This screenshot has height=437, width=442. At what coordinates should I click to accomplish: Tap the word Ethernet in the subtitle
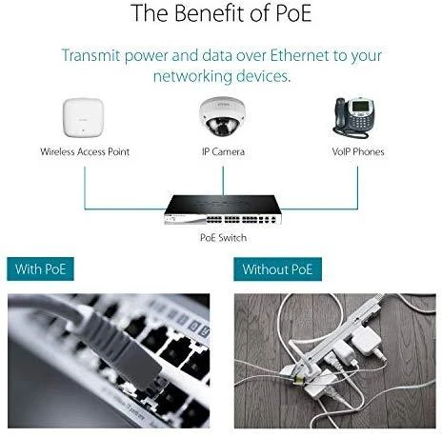pos(299,55)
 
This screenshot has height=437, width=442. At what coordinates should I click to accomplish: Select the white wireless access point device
pos(84,117)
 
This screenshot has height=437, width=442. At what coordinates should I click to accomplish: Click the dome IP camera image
pos(223,116)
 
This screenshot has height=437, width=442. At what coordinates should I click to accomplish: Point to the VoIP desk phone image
pos(354,118)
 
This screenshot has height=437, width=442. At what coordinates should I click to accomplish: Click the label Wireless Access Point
pos(85,151)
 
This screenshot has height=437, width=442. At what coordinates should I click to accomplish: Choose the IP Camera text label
pos(223,151)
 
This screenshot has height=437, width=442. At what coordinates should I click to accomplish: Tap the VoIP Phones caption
pos(358,151)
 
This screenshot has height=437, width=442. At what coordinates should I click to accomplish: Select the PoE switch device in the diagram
pos(223,210)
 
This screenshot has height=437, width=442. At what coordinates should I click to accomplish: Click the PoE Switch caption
pos(223,237)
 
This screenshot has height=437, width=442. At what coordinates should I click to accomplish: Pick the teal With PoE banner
pos(40,269)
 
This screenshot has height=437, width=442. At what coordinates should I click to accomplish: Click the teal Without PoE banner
pos(277,269)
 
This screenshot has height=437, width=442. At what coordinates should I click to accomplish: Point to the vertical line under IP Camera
pos(223,181)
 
